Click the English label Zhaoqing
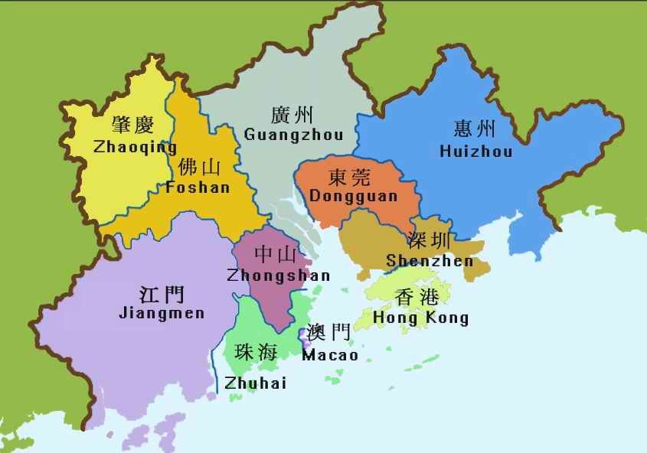click(135, 147)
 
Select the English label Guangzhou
click(293, 134)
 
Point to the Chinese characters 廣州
click(292, 115)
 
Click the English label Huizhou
click(476, 152)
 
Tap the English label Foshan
click(198, 187)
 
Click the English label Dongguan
click(354, 196)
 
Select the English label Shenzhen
click(430, 260)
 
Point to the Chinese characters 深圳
click(429, 240)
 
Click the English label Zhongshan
click(279, 275)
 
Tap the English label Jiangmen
click(162, 313)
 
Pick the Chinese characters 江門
click(162, 294)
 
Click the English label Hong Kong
click(421, 318)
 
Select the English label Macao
click(330, 355)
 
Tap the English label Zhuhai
click(255, 383)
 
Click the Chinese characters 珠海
click(256, 352)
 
